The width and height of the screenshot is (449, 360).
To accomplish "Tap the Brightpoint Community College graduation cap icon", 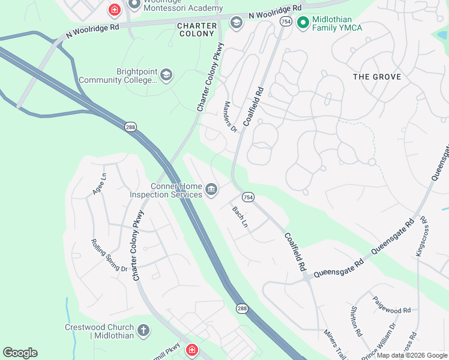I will point(166,75).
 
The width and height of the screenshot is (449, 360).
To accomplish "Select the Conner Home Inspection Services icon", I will point(211,190).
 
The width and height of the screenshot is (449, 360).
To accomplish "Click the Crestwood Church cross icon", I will point(143,330).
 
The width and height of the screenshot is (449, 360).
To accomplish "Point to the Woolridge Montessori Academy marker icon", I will point(134,4).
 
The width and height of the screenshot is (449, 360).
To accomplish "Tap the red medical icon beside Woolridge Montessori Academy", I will point(113,10).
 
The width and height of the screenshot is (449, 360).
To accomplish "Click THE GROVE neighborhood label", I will point(377,77).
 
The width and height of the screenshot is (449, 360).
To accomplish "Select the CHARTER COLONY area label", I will point(196,30).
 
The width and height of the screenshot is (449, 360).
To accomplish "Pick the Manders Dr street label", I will point(230,116).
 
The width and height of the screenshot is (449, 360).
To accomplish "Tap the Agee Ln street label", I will point(99,184).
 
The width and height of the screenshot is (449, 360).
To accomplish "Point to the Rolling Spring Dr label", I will point(109,255).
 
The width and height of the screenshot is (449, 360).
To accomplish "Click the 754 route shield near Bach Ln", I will point(248,197).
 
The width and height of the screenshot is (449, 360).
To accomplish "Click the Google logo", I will point(20,353).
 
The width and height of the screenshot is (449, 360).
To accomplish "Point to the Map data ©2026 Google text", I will point(412,355).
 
